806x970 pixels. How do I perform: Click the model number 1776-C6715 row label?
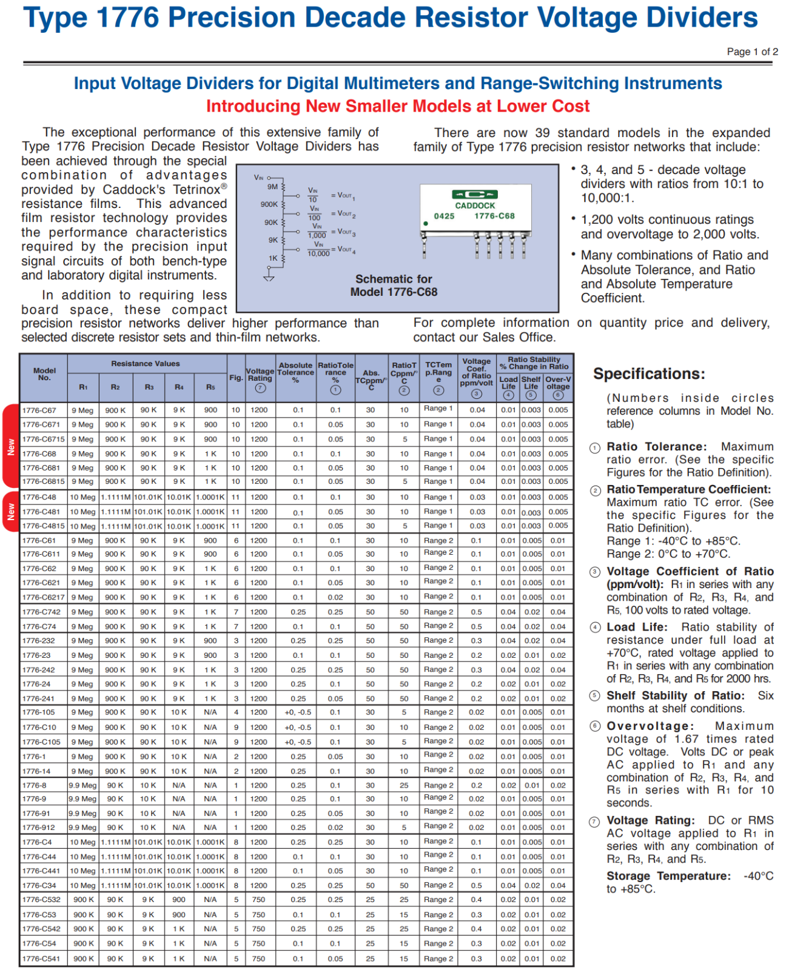[43, 439]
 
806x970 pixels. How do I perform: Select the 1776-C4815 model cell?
[43, 526]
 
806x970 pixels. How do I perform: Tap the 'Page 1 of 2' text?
[752, 52]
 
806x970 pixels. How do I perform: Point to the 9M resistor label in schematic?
[272, 187]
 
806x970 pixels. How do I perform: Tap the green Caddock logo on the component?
[475, 195]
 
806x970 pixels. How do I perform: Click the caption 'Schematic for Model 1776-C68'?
[394, 286]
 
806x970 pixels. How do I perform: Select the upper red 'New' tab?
[11, 446]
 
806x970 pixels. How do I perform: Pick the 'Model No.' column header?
[44, 374]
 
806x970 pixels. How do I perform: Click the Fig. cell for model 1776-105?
[236, 712]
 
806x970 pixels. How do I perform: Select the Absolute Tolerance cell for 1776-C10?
[298, 727]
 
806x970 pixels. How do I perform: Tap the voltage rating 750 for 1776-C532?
[259, 900]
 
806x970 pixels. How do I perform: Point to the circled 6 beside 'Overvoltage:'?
[596, 726]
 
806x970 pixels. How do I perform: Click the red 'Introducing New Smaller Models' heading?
[398, 106]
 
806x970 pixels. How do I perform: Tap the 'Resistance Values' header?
[146, 364]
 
